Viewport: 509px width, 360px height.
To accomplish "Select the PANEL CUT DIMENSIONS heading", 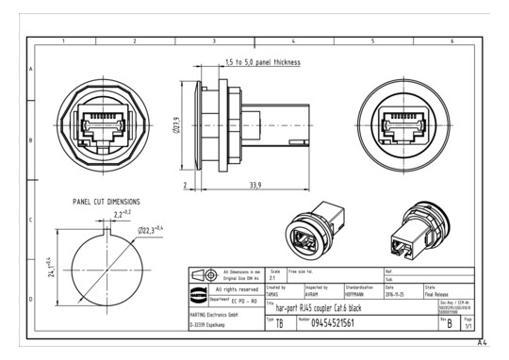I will pyautogui.click(x=107, y=202).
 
